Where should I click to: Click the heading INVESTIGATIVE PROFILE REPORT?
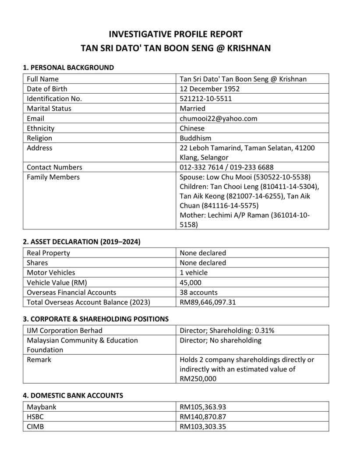point(175,34)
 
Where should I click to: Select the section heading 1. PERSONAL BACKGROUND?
point(68,67)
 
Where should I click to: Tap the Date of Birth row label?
point(47,89)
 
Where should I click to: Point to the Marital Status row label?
point(49,108)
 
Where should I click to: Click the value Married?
point(192,108)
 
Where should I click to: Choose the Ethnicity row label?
point(40,128)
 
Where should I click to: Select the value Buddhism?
point(195,138)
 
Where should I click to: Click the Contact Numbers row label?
point(54,167)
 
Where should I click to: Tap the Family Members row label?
point(53,177)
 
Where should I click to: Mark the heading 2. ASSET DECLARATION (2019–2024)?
point(81,241)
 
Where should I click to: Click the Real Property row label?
point(48,253)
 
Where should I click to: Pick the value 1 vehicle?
point(194,272)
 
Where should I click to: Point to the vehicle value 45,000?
point(191,282)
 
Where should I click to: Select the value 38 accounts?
point(198,292)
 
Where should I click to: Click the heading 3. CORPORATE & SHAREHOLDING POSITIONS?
point(95,319)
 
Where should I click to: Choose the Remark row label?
point(39,360)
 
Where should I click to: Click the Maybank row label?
point(42,407)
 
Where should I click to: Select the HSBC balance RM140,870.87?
point(203,417)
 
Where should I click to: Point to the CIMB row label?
point(35,426)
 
